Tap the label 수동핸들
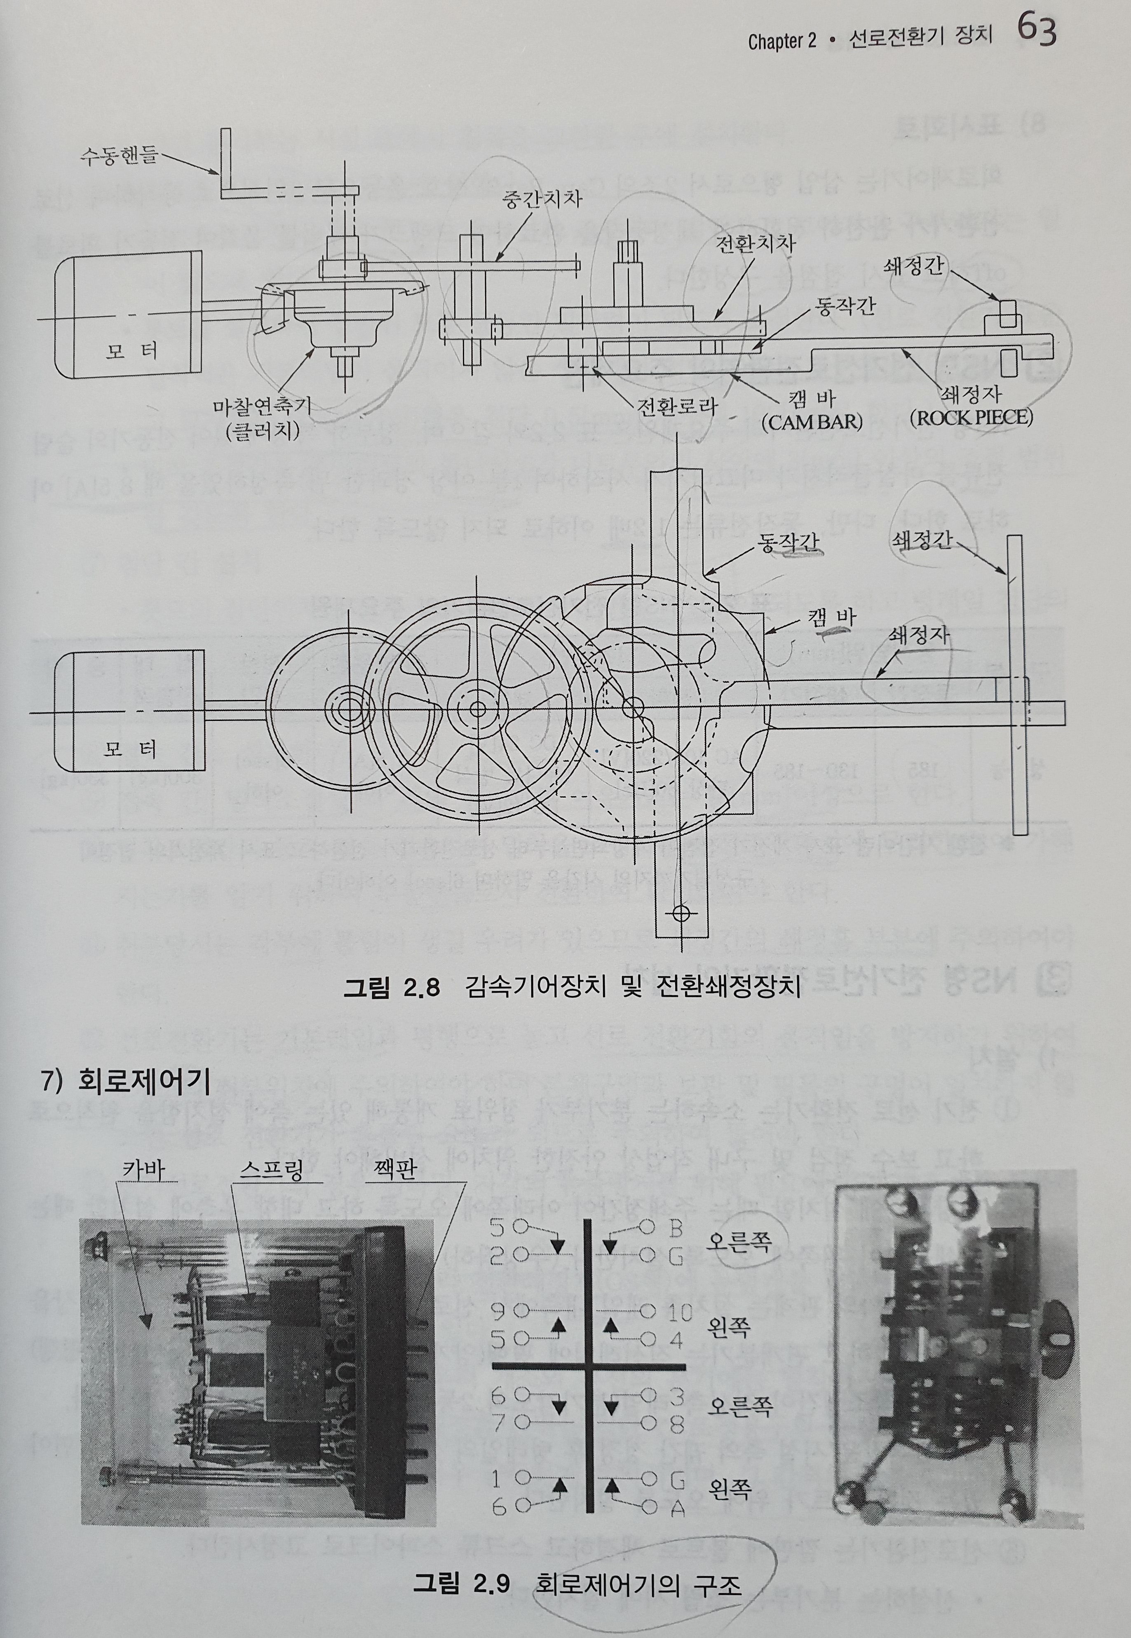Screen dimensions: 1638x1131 [x=117, y=155]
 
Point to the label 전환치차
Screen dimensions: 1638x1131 [x=756, y=244]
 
